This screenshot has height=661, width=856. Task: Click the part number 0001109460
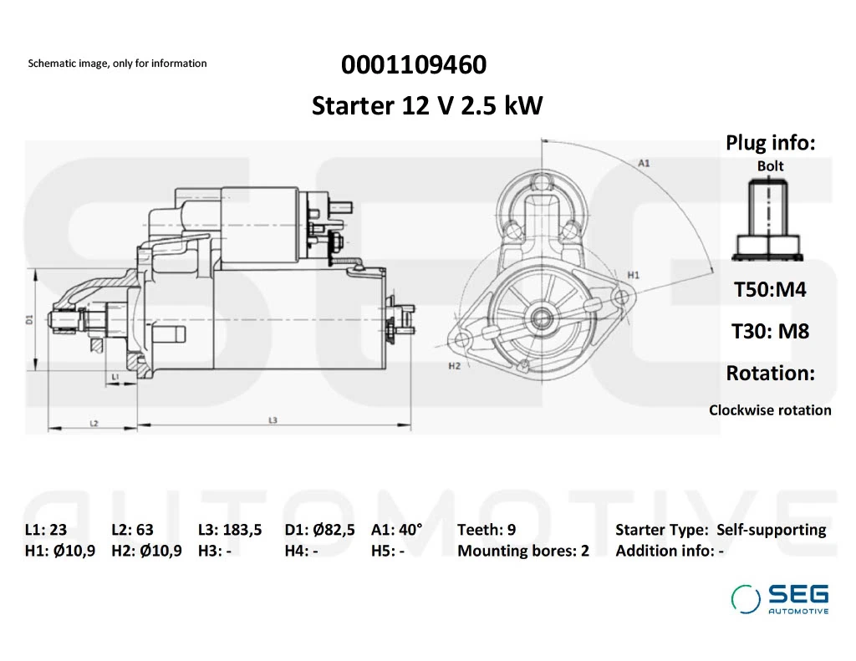413,64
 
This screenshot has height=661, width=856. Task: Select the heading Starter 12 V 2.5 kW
427,106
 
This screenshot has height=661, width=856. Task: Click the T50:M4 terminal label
770,290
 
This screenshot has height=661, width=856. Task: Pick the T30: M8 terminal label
770,331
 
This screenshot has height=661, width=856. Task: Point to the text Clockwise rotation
770,410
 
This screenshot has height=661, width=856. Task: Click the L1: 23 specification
46,530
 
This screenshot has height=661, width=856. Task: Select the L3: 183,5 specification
230,530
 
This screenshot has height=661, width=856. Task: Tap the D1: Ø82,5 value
319,530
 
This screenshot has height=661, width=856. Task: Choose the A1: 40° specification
396,530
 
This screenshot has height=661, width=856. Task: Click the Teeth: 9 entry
486,530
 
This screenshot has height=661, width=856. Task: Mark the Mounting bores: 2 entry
522,551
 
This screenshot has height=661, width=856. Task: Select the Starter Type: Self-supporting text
720,530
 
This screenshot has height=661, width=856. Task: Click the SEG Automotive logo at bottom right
780,599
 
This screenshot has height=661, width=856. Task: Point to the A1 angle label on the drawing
644,163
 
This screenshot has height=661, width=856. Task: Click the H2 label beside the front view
455,366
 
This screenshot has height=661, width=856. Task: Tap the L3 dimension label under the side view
273,419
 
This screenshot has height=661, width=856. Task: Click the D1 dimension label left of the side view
29,318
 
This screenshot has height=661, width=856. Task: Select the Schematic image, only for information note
117,64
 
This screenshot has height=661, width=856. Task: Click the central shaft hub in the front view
542,318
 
